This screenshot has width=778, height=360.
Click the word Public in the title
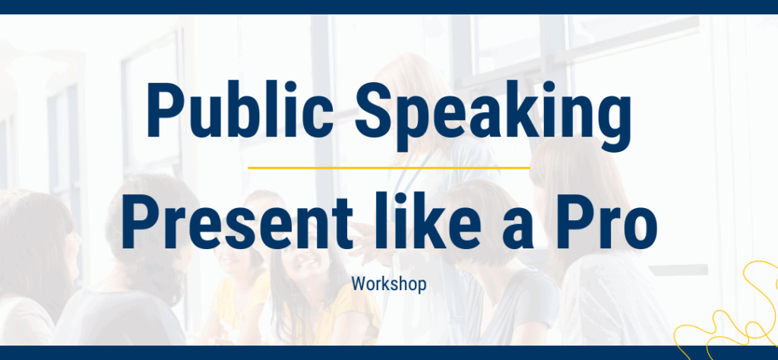pos(240,111)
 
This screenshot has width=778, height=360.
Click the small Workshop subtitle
pos(389,284)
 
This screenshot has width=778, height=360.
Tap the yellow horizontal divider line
pos(388,168)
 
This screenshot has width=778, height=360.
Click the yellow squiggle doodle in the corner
pos(729,317)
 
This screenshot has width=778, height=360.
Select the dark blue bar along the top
pos(389,7)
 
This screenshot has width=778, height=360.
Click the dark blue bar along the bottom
pos(389,352)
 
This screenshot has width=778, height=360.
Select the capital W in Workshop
pos(359,284)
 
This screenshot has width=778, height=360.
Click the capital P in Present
pos(138,220)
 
